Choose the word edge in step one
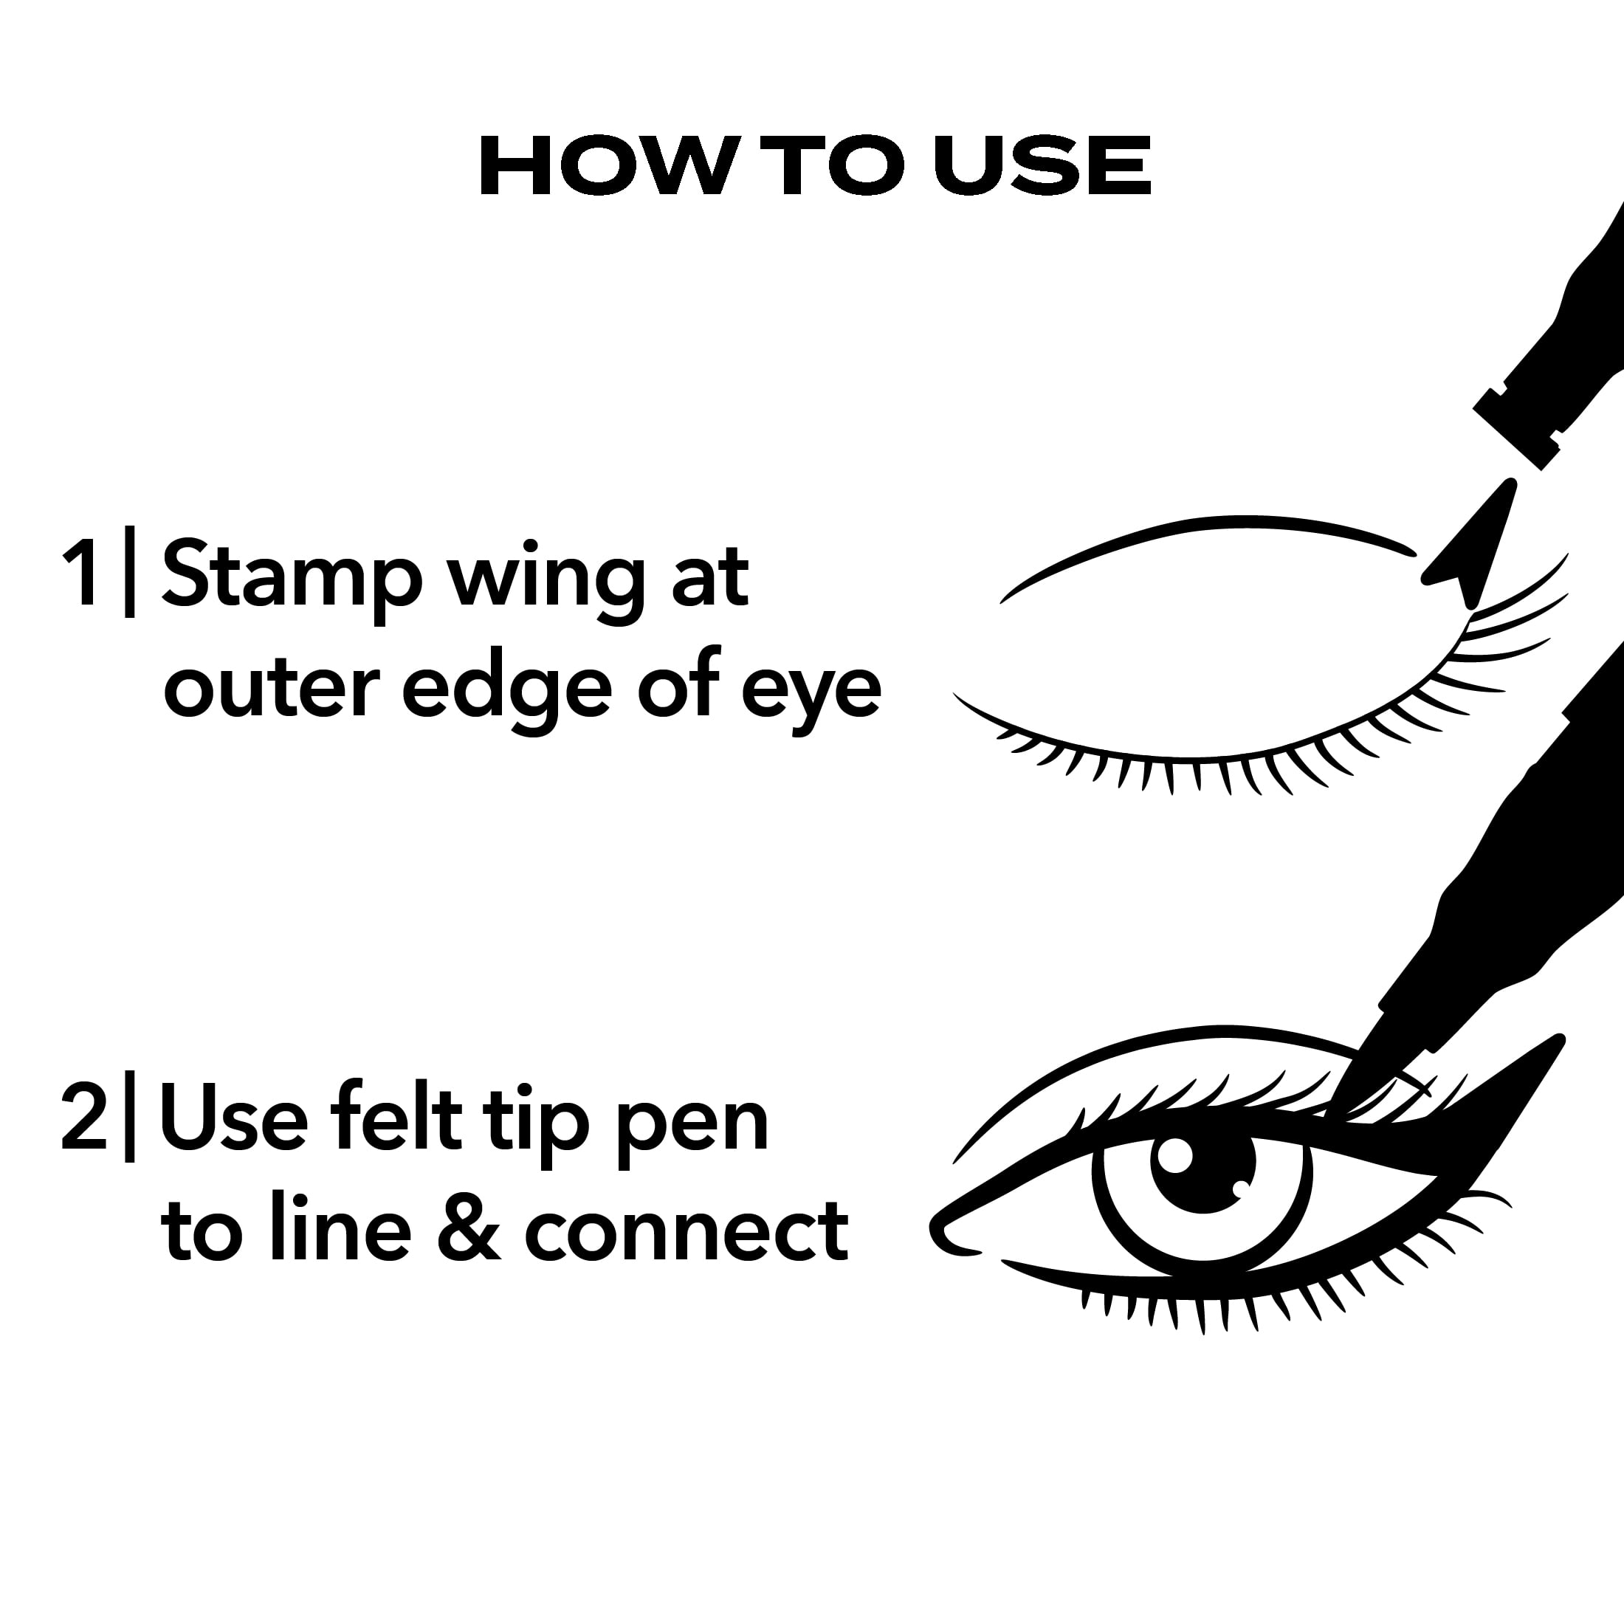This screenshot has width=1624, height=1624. (506, 691)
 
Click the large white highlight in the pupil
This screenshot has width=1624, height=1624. (1174, 1157)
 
